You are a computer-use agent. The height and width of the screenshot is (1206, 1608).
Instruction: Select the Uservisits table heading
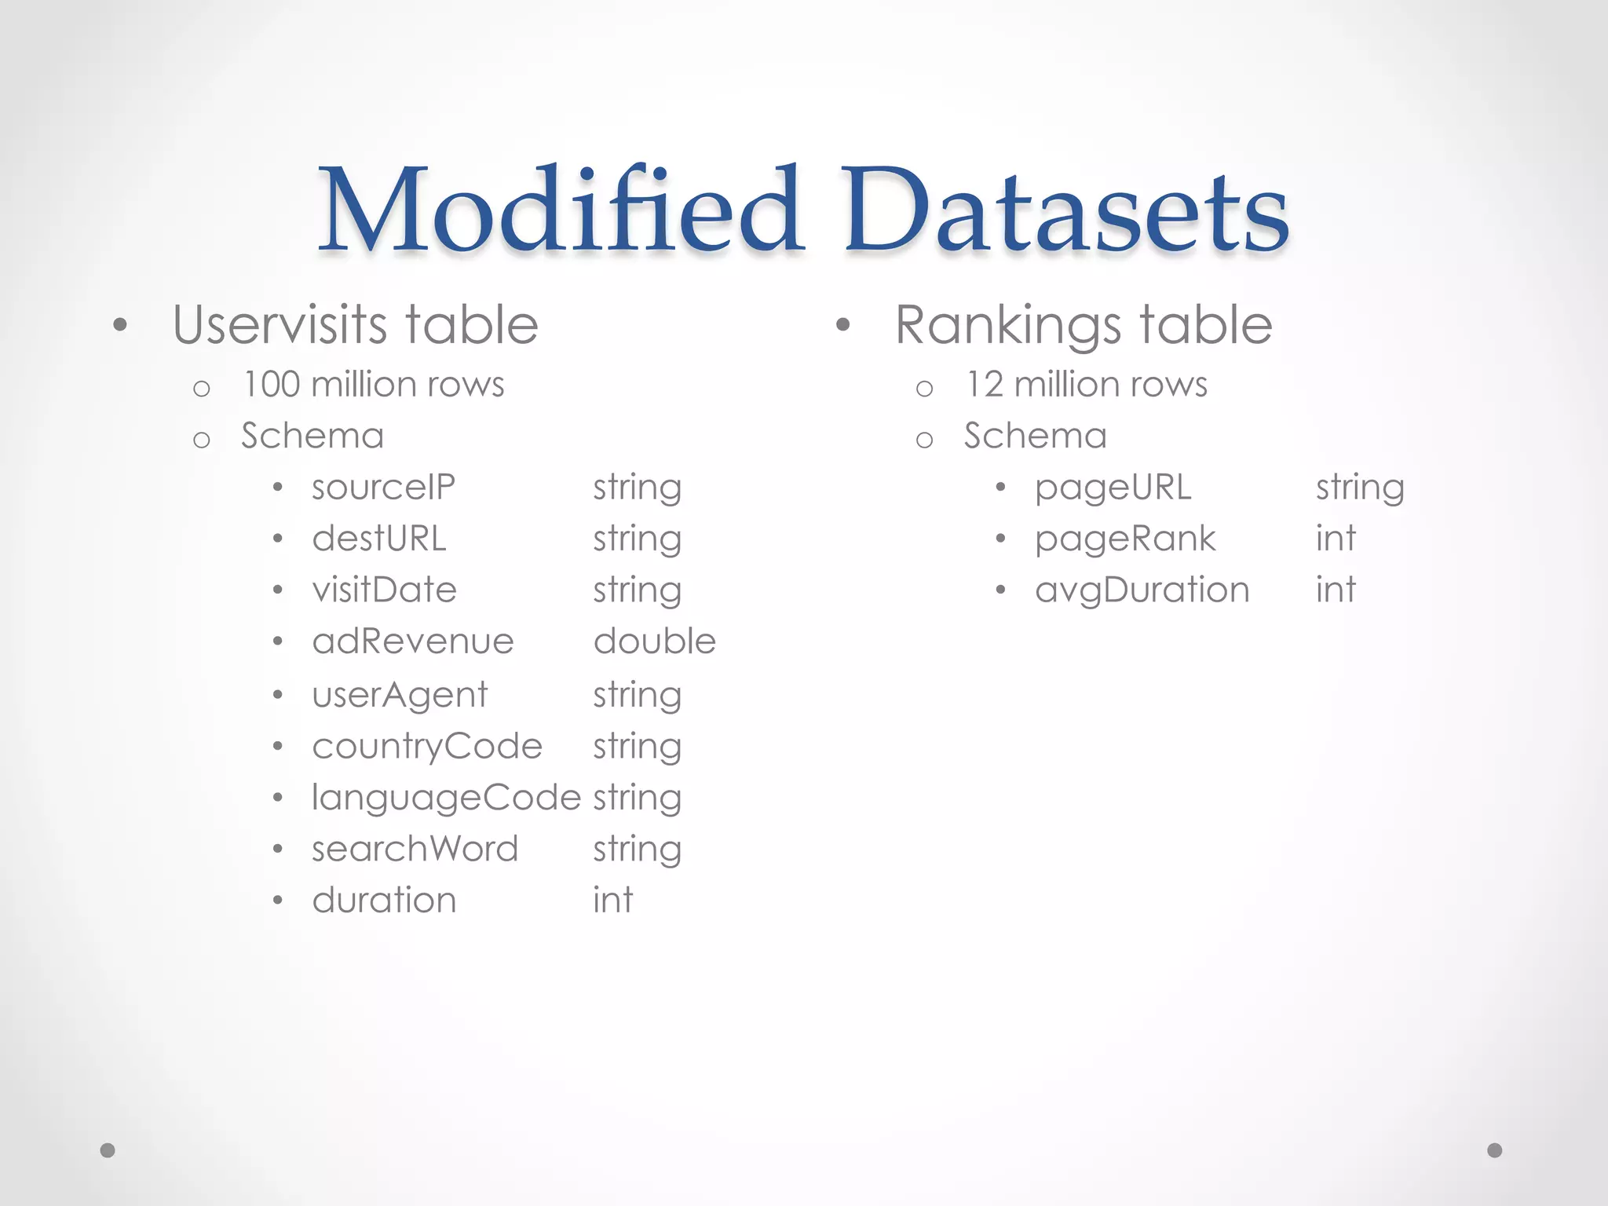click(x=355, y=324)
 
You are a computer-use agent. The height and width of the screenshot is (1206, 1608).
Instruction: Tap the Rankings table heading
click(x=1084, y=324)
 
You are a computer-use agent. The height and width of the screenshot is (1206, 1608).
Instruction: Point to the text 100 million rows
click(x=374, y=385)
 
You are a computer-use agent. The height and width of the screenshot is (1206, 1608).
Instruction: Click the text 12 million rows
click(x=1087, y=385)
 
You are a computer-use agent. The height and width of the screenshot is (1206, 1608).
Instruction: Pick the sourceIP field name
click(x=383, y=488)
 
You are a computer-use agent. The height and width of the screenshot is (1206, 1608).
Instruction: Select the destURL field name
click(x=379, y=539)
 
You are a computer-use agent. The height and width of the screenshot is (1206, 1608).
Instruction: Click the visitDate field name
click(x=384, y=590)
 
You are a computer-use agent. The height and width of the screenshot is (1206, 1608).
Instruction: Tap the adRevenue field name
click(x=413, y=641)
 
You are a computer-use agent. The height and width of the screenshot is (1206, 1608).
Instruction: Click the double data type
click(x=655, y=641)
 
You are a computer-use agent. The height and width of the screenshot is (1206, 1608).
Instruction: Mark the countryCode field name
click(x=427, y=747)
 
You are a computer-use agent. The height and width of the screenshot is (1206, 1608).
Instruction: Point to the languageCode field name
click(x=446, y=799)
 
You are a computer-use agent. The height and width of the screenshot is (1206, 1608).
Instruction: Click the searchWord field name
click(x=415, y=849)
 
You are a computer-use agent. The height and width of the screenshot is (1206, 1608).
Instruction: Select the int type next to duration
click(x=612, y=900)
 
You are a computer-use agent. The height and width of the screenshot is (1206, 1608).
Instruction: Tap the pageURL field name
click(x=1113, y=488)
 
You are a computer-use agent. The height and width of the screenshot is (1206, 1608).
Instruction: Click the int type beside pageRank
click(x=1336, y=539)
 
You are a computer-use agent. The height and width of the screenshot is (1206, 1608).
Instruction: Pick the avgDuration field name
click(x=1142, y=590)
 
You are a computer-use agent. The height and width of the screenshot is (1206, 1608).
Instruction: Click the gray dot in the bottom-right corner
click(x=1495, y=1150)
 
